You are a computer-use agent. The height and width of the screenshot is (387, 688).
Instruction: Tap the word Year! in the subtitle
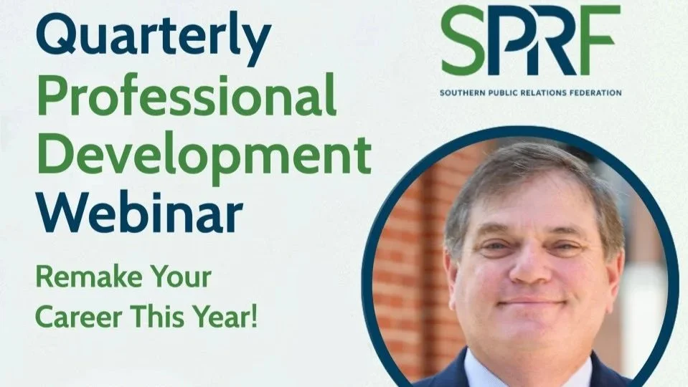click(x=228, y=318)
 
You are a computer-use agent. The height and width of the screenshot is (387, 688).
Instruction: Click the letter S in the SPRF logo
click(x=465, y=41)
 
